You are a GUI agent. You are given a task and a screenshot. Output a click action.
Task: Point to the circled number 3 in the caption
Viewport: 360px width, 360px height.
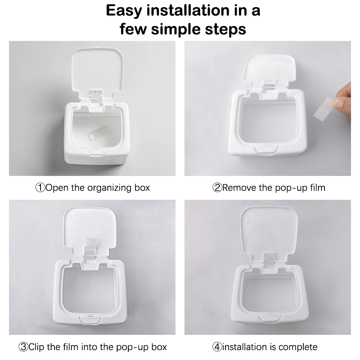tap(23, 347)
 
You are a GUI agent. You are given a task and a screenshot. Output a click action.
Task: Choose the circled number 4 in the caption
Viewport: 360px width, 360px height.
tap(217, 347)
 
